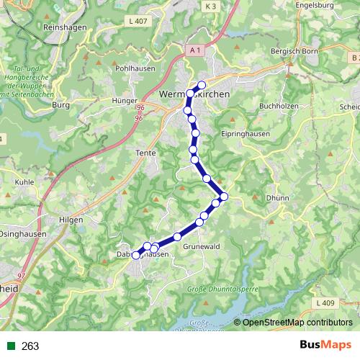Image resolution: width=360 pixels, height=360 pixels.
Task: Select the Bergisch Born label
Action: (294, 52)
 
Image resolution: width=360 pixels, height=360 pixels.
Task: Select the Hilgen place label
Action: (71, 220)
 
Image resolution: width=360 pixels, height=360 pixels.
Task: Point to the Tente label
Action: (145, 153)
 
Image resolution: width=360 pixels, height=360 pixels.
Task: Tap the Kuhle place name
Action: (24, 183)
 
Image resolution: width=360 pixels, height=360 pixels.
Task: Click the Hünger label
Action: (125, 102)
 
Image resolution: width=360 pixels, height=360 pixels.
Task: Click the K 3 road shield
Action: (210, 6)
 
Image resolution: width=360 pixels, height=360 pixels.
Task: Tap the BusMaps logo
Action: (325, 346)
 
